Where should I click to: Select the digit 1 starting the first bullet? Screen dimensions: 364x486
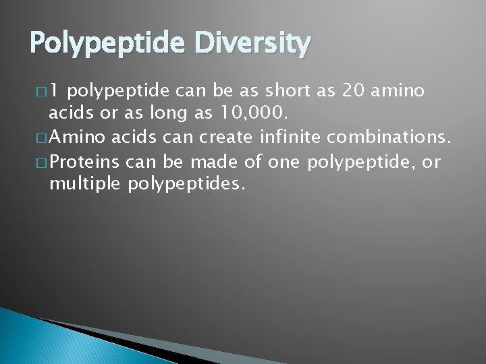55,91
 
